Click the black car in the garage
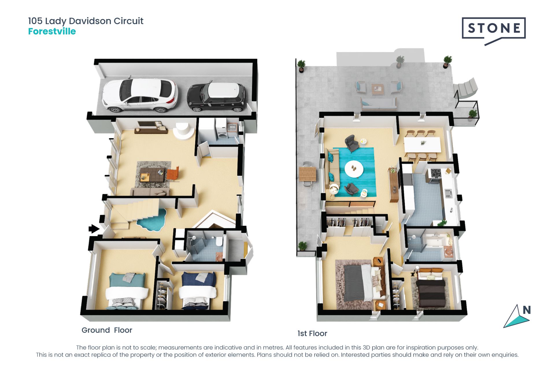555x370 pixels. (217, 97)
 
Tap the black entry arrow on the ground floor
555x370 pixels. (94, 229)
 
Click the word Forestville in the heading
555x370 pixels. (52, 31)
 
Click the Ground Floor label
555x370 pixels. (107, 330)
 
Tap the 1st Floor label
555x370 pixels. (312, 334)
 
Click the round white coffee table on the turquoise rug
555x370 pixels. (354, 169)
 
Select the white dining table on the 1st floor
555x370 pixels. (422, 145)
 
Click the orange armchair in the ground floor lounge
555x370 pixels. (173, 174)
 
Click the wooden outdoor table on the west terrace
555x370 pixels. (308, 174)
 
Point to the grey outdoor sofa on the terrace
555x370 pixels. (379, 104)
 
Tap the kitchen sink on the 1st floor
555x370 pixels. (448, 193)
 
